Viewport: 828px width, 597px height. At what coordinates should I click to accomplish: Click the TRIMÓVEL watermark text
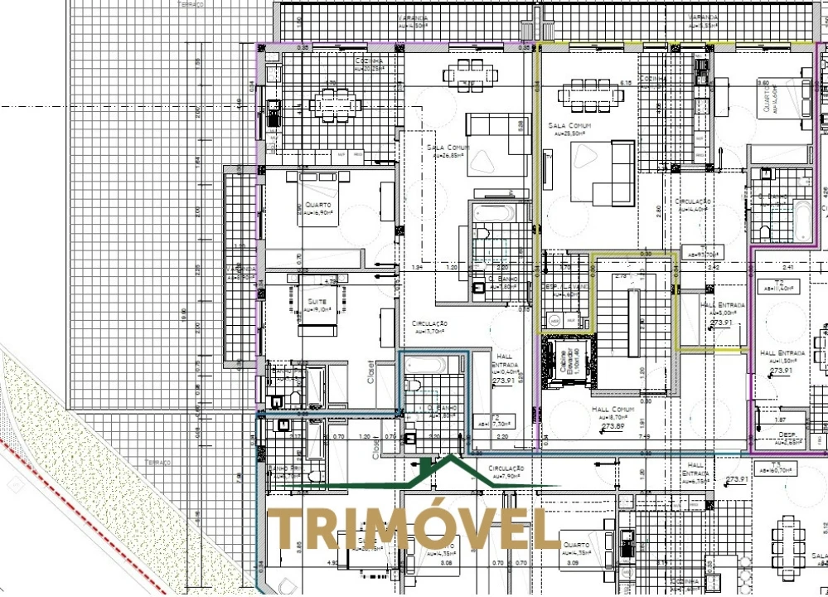point(413,529)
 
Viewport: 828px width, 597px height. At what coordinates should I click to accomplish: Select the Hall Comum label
point(613,410)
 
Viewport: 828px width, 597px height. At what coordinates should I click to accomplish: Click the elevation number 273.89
point(613,426)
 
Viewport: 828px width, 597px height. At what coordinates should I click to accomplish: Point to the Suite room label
point(316,303)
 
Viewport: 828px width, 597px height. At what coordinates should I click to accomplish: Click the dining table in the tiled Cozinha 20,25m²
point(335,104)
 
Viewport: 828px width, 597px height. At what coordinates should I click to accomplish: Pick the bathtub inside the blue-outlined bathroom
point(426,364)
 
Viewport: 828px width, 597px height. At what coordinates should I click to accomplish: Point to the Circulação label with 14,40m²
point(694,204)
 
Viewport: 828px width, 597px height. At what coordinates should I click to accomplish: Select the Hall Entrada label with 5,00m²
point(723,308)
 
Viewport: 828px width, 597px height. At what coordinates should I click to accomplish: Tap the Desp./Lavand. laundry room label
point(567,290)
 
